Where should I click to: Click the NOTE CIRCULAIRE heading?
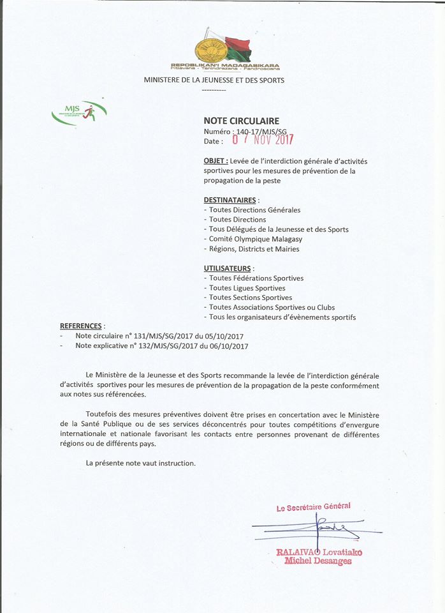(241, 121)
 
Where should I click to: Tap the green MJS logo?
(79, 113)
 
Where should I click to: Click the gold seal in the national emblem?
(210, 49)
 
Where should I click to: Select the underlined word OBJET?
(215, 162)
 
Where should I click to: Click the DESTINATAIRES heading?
(230, 200)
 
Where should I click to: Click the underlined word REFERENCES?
(80, 326)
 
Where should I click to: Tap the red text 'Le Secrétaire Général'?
(314, 508)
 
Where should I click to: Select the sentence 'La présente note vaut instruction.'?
(141, 463)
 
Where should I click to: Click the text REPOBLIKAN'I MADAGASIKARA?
(224, 65)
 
